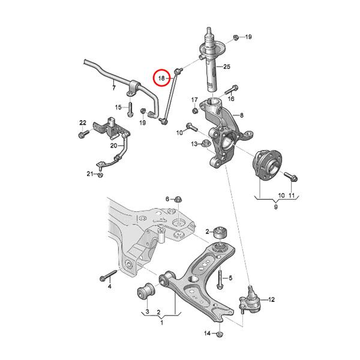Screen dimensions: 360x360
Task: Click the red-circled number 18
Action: pos(161,78)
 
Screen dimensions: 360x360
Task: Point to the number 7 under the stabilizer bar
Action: pos(113,88)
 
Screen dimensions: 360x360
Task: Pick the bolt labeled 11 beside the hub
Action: pos(292,177)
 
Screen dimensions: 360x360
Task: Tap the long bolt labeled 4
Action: pos(106,277)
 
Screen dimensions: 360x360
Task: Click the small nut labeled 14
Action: pos(219,334)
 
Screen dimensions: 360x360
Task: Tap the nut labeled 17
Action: pos(196,110)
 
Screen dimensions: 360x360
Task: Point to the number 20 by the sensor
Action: pos(113,145)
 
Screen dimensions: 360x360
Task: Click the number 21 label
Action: pos(89,174)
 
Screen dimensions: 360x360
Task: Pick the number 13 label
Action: pos(194,144)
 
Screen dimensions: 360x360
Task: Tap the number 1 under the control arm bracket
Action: pos(161,323)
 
